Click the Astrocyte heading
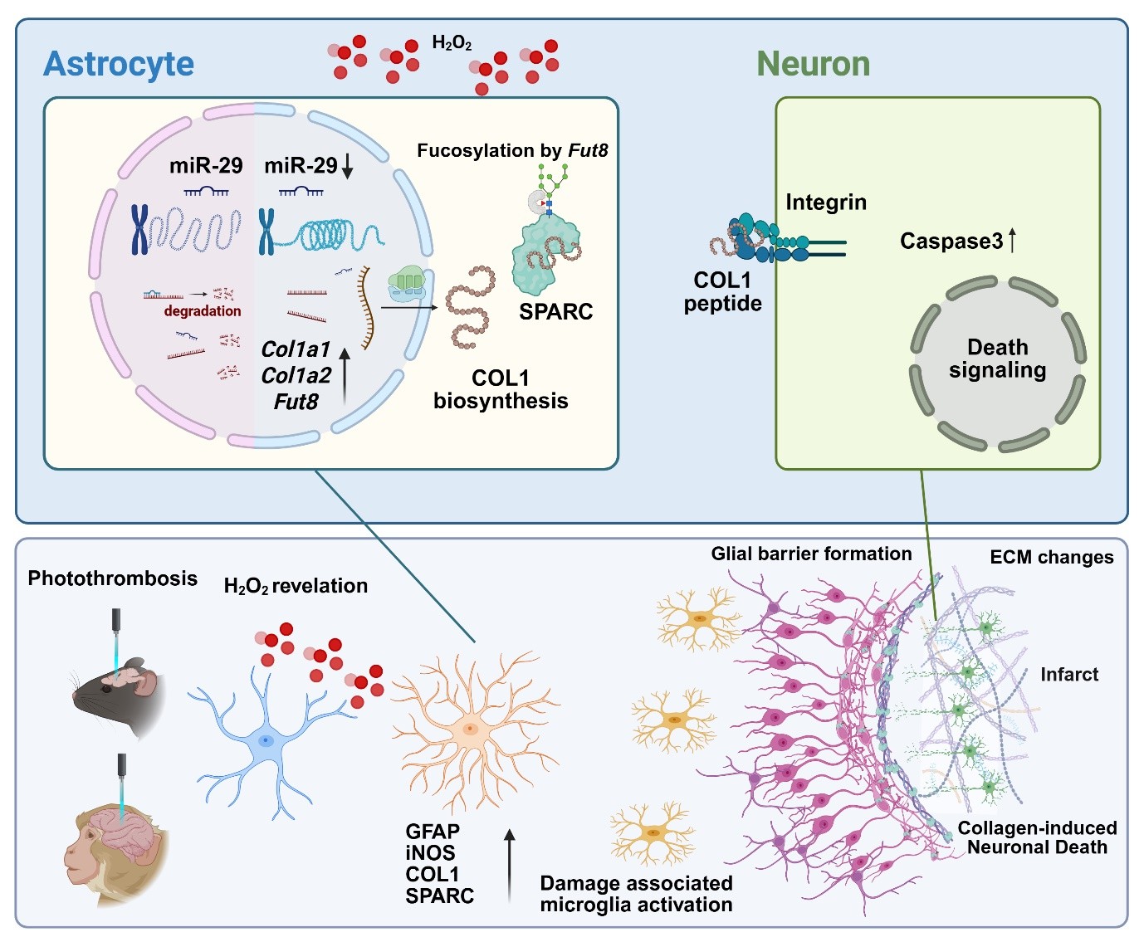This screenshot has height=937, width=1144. [119, 64]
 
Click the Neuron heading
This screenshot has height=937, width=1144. [813, 64]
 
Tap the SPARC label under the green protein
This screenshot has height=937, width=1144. [555, 312]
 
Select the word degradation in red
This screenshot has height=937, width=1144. [203, 311]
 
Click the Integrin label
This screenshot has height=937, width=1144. [826, 203]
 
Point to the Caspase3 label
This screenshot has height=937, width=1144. [951, 242]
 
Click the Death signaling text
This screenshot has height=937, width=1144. [997, 359]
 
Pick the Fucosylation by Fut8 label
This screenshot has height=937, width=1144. [512, 151]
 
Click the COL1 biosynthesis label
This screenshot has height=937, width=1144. [501, 389]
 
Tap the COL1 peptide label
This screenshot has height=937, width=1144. [722, 292]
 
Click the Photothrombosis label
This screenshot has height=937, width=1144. [113, 578]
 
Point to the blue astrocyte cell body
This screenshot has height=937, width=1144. [265, 739]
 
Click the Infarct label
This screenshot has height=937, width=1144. [1069, 675]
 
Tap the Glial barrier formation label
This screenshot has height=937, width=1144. [811, 554]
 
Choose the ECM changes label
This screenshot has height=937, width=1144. [1051, 558]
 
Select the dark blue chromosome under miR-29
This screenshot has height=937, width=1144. [139, 230]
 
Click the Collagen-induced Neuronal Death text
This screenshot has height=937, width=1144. [1037, 837]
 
